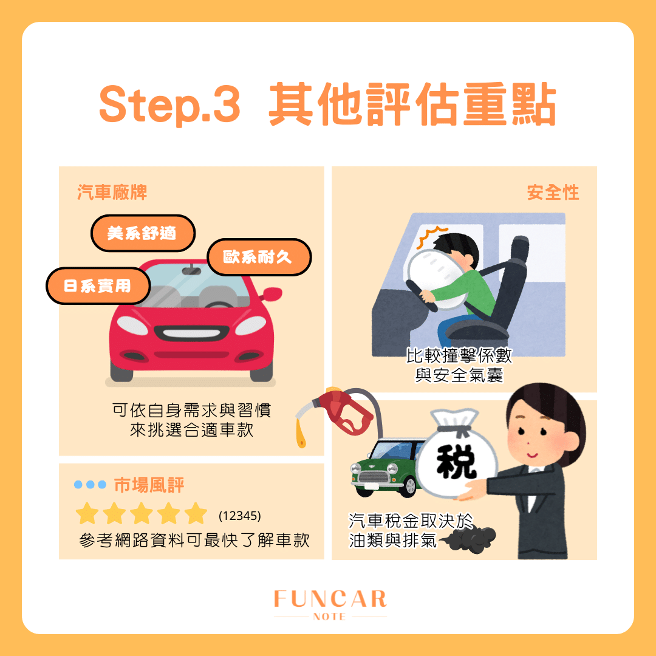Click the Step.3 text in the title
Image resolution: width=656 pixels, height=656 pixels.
tap(169, 106)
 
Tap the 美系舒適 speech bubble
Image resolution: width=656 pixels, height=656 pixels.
tap(142, 233)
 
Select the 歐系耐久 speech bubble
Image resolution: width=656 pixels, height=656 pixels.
tap(259, 257)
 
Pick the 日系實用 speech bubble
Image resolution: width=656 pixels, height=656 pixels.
tap(98, 285)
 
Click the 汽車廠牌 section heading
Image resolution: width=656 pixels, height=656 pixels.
tap(112, 193)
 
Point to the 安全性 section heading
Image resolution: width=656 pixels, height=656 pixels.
tap(553, 193)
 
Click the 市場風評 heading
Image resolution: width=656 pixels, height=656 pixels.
tap(149, 485)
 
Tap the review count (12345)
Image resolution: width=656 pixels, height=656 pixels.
tap(239, 516)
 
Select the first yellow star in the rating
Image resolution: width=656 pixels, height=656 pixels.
tap(88, 514)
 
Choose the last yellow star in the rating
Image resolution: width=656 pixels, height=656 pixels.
tap(196, 514)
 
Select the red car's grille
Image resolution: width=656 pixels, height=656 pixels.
tap(190, 333)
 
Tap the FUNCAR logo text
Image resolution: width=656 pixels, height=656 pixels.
tap(330, 599)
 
